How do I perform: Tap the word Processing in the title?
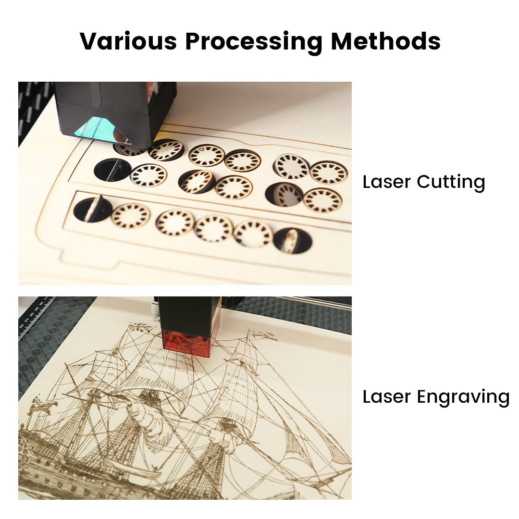tap(254, 42)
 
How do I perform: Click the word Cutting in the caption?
tap(451, 183)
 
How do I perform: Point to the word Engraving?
tap(463, 397)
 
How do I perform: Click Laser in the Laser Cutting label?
tap(386, 182)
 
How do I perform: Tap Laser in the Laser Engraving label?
tap(386, 396)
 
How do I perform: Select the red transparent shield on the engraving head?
tap(186, 343)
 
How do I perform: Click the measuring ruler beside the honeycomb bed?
tap(37, 316)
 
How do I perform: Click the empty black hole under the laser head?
tap(112, 170)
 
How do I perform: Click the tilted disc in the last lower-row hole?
tap(291, 241)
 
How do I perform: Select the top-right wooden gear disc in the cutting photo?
tap(329, 173)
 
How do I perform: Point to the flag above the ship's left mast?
tap(139, 327)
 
